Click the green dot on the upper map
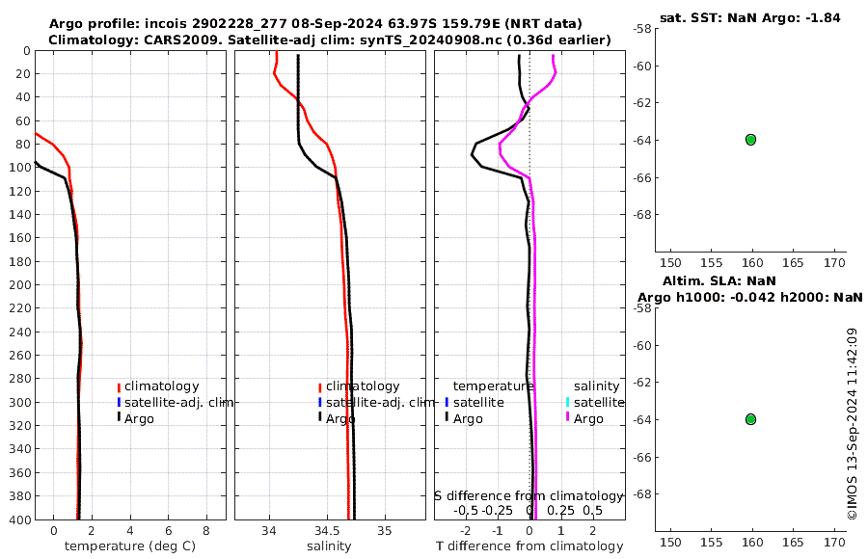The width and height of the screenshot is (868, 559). [x=750, y=140]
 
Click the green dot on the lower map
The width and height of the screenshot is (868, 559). [x=750, y=419]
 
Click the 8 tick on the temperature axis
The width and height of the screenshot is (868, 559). [x=205, y=530]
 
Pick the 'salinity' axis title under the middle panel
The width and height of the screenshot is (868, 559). [x=329, y=546]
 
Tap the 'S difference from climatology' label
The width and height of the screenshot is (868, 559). [x=529, y=495]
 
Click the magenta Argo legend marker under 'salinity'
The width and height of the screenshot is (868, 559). [x=568, y=418]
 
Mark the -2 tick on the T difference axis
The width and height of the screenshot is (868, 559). [x=467, y=530]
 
